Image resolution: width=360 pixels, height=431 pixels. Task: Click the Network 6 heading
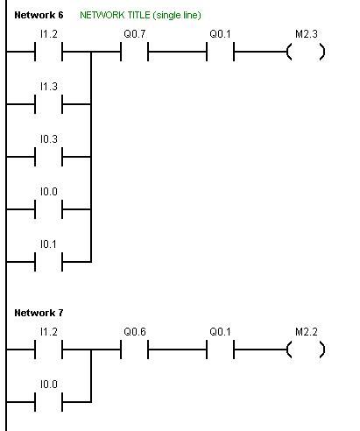coord(39,15)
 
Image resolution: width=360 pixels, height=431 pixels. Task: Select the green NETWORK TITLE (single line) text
coord(140,15)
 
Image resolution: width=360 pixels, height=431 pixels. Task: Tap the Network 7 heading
coord(39,313)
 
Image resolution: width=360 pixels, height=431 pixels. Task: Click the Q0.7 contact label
coord(135,34)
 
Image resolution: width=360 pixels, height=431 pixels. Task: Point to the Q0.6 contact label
coord(135,332)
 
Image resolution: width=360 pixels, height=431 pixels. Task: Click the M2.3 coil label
coord(307,34)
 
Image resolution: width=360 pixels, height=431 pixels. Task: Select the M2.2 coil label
coord(307,332)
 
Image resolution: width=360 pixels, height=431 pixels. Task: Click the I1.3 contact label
coord(49,87)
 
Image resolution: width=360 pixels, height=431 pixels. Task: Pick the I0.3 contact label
coord(49,139)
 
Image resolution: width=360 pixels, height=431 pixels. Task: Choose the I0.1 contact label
coord(48,244)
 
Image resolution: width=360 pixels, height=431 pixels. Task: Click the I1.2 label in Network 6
coord(49,34)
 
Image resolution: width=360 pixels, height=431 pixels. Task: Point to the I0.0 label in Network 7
coord(49,385)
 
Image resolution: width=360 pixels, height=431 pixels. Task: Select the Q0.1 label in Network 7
coord(220,332)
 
